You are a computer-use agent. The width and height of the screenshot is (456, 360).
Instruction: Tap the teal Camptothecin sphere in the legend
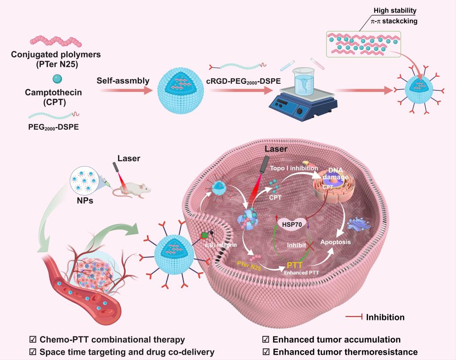coord(57,79)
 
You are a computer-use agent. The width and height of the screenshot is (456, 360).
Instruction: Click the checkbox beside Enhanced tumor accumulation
coord(266,340)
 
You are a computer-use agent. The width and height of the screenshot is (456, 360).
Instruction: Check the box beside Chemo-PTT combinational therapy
coord(32,340)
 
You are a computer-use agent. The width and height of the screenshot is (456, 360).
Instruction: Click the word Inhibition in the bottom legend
coord(385,317)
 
